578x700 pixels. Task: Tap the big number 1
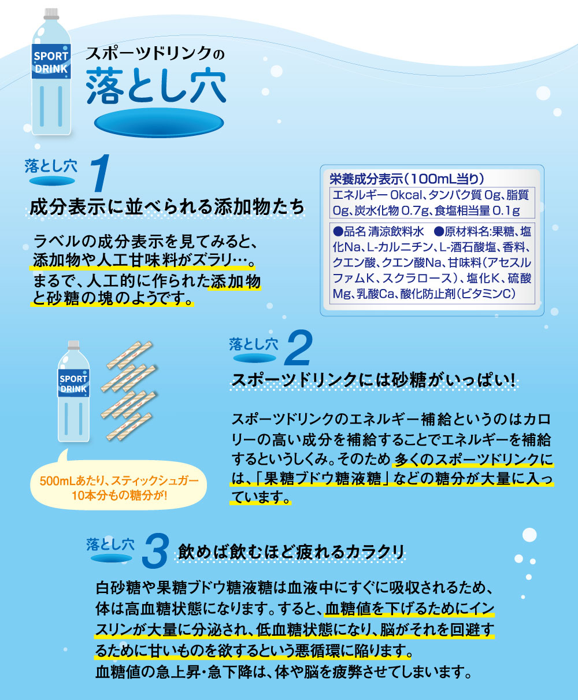pyautogui.click(x=101, y=173)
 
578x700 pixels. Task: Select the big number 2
pyautogui.click(x=298, y=347)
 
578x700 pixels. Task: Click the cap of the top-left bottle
pyautogui.click(x=51, y=14)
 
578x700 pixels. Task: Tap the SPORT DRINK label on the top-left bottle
pyautogui.click(x=51, y=62)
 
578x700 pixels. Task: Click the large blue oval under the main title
pyautogui.click(x=159, y=123)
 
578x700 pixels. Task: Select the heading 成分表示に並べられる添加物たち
pyautogui.click(x=167, y=206)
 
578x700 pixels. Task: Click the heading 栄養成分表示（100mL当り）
pyautogui.click(x=407, y=179)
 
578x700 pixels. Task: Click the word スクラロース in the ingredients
pyautogui.click(x=417, y=278)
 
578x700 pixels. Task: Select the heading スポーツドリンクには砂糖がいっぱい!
pyautogui.click(x=373, y=380)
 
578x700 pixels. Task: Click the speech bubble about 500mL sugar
pyautogui.click(x=118, y=486)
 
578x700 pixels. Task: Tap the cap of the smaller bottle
pyautogui.click(x=74, y=345)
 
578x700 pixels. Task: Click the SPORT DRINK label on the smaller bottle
pyautogui.click(x=74, y=383)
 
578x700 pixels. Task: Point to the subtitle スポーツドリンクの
pyautogui.click(x=155, y=54)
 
